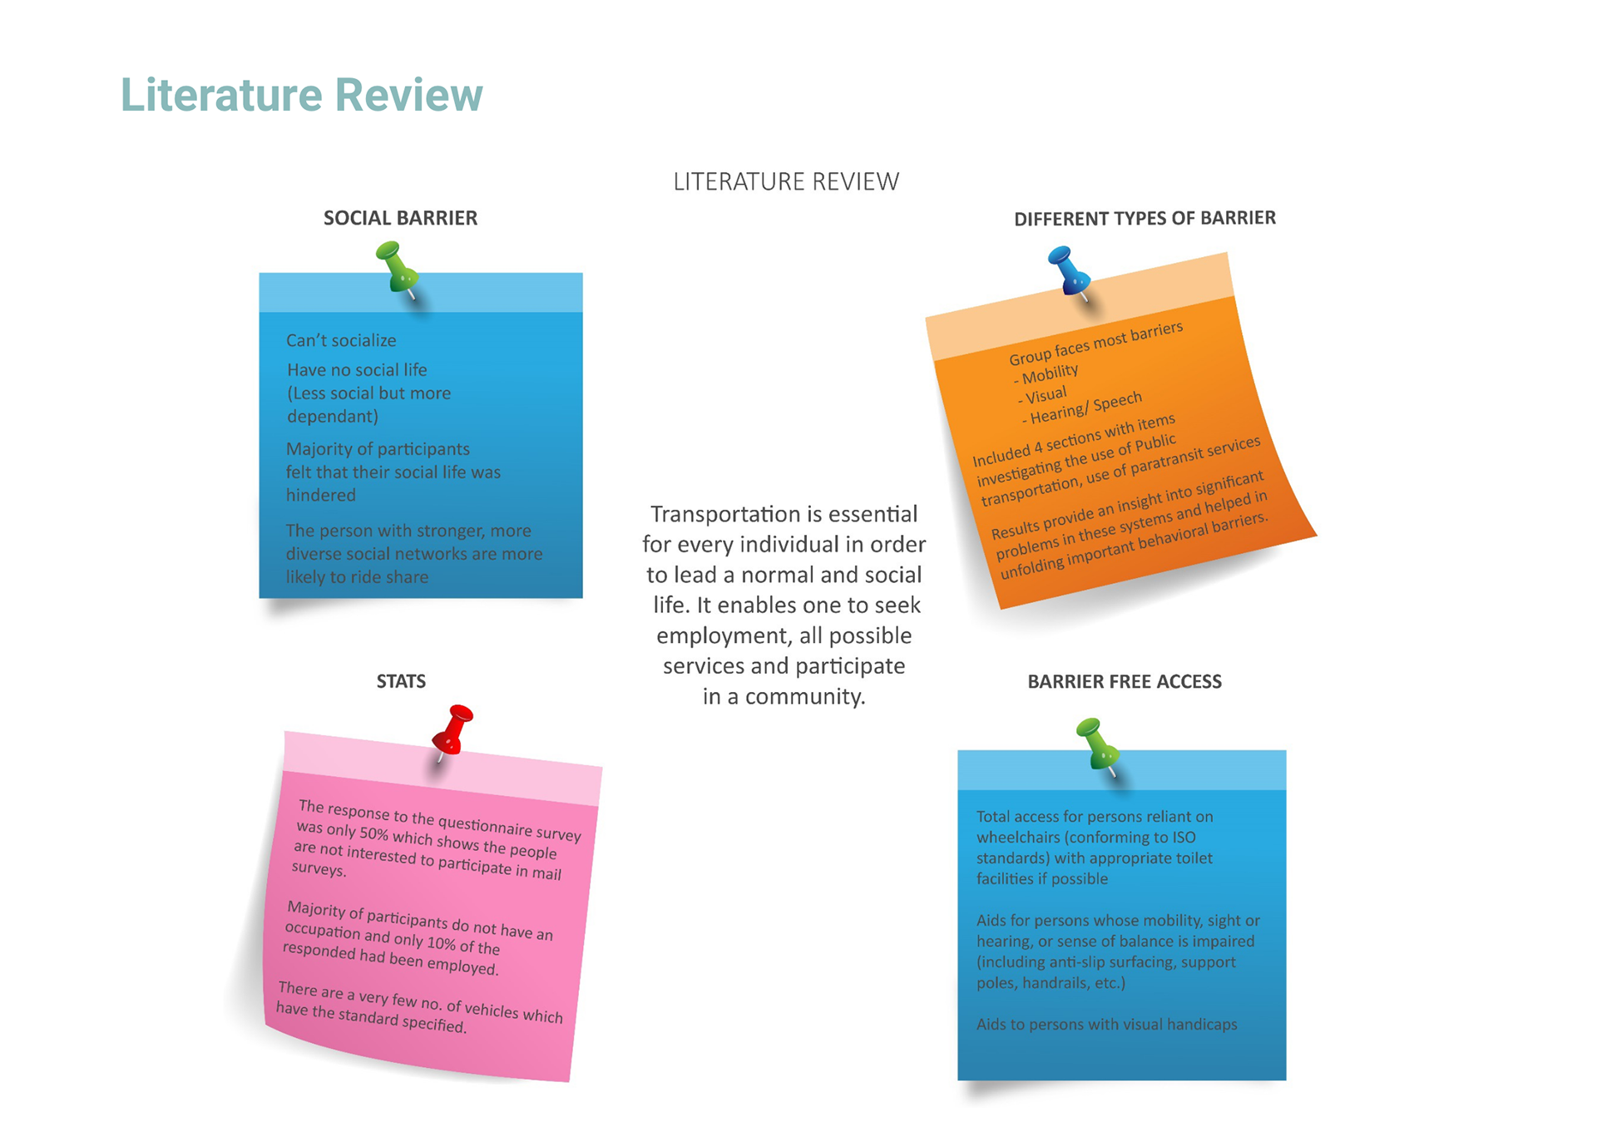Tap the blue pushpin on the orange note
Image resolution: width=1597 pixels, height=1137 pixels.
point(1068,269)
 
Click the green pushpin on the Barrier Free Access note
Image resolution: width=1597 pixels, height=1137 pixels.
point(1097,743)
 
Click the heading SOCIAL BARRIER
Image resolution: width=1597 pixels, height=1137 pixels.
point(400,218)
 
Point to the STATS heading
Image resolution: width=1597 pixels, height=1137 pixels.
point(401,681)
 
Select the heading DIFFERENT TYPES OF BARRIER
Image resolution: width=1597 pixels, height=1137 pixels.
point(1145,218)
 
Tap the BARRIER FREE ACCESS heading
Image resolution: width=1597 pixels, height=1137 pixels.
point(1125,681)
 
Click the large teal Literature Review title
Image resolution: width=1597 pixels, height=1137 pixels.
point(301,95)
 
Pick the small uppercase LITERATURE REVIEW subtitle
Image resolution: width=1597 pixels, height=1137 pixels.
point(786,181)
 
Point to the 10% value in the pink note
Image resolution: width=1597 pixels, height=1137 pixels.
point(441,942)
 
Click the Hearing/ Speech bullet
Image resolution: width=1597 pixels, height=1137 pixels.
point(1083,408)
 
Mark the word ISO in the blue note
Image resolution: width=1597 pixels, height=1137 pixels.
point(1183,837)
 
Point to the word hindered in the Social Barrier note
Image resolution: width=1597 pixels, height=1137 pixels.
point(321,495)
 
